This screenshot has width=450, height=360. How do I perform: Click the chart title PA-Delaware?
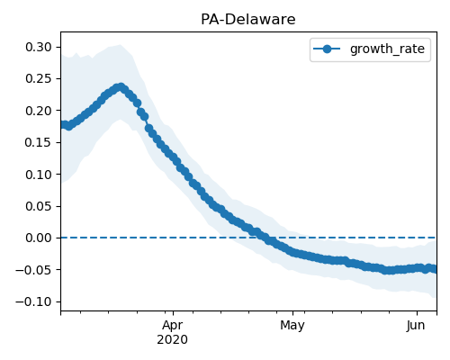click(x=248, y=20)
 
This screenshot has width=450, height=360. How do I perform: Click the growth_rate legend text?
click(x=387, y=49)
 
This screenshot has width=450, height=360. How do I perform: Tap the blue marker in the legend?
click(x=327, y=49)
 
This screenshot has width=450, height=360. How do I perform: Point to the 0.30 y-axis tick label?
click(x=39, y=47)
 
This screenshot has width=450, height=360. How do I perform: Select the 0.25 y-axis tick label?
click(x=39, y=78)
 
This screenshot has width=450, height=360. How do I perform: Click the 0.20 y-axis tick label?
click(x=39, y=111)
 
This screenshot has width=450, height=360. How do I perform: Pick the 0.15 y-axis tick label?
click(x=39, y=142)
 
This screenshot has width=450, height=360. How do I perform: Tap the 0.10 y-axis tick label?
click(x=39, y=175)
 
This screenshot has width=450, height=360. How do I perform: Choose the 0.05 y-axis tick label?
click(x=39, y=206)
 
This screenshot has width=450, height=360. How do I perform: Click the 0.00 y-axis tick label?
click(x=39, y=238)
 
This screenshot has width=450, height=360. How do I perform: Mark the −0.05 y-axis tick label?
click(x=33, y=270)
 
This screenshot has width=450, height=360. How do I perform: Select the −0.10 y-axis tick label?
click(x=33, y=301)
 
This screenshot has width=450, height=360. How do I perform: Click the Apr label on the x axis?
click(x=173, y=326)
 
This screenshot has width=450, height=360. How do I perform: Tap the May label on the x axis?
click(x=292, y=326)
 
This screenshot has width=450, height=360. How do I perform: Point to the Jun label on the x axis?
click(x=416, y=325)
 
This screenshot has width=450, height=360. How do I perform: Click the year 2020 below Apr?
click(x=173, y=339)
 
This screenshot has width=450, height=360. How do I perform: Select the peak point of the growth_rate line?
click(x=121, y=87)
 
